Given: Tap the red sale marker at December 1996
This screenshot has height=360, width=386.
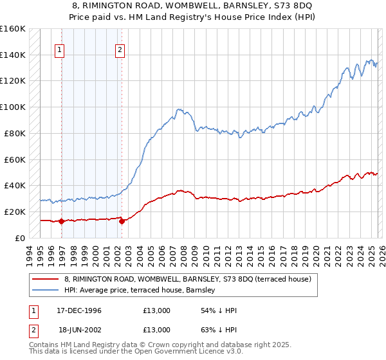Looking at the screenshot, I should click(x=62, y=221).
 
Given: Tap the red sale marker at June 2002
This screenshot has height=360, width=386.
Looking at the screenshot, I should click(x=122, y=221).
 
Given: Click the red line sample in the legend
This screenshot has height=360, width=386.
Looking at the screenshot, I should click(x=46, y=279).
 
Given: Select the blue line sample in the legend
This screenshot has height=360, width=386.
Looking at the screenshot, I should click(x=46, y=290).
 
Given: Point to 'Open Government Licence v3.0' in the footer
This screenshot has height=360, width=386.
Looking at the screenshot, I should click(x=187, y=353).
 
